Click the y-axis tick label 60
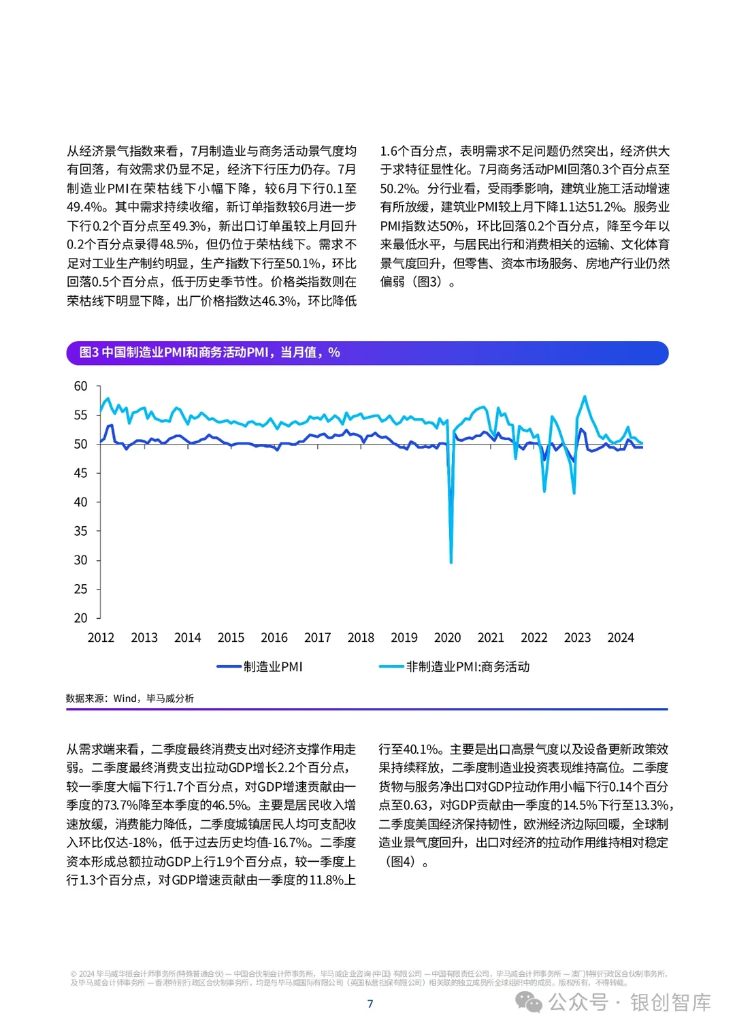point(80,386)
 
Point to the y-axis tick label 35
point(80,531)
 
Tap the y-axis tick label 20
point(80,618)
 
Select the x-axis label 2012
point(101,638)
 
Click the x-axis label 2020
point(447,638)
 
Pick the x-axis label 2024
point(620,638)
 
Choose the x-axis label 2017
point(317,638)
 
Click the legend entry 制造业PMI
point(272,667)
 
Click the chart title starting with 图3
point(210,353)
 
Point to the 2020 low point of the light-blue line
point(451,562)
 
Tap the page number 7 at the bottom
point(370,1004)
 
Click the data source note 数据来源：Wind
point(129,698)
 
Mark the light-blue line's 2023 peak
point(585,396)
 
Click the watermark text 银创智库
point(670,1003)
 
